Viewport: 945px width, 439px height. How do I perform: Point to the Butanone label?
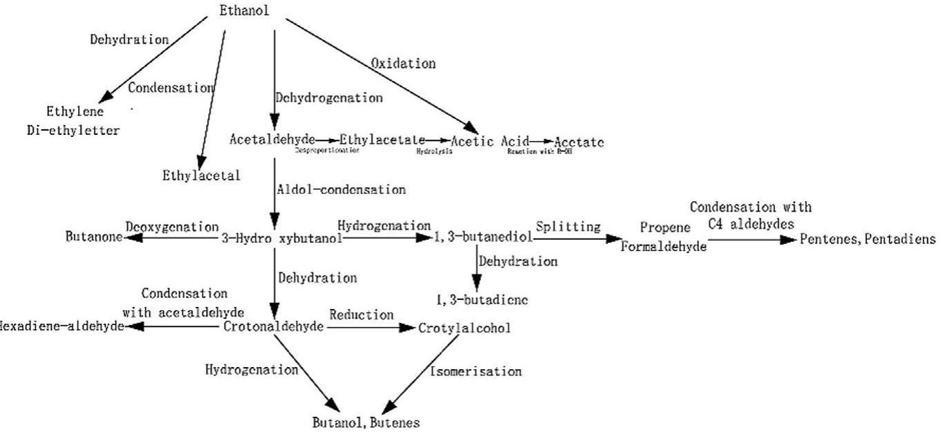point(93,238)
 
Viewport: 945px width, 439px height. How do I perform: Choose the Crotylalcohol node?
point(465,328)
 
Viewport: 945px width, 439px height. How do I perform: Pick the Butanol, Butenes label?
point(364,422)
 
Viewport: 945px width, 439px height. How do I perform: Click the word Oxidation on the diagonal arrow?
point(403,64)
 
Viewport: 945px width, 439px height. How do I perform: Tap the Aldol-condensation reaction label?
point(341,188)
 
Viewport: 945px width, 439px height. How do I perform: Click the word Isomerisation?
point(476,371)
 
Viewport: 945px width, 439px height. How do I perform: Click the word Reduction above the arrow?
point(361,315)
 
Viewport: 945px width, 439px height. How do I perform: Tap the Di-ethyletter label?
point(83,130)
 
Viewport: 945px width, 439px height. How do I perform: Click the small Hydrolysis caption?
point(434,151)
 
